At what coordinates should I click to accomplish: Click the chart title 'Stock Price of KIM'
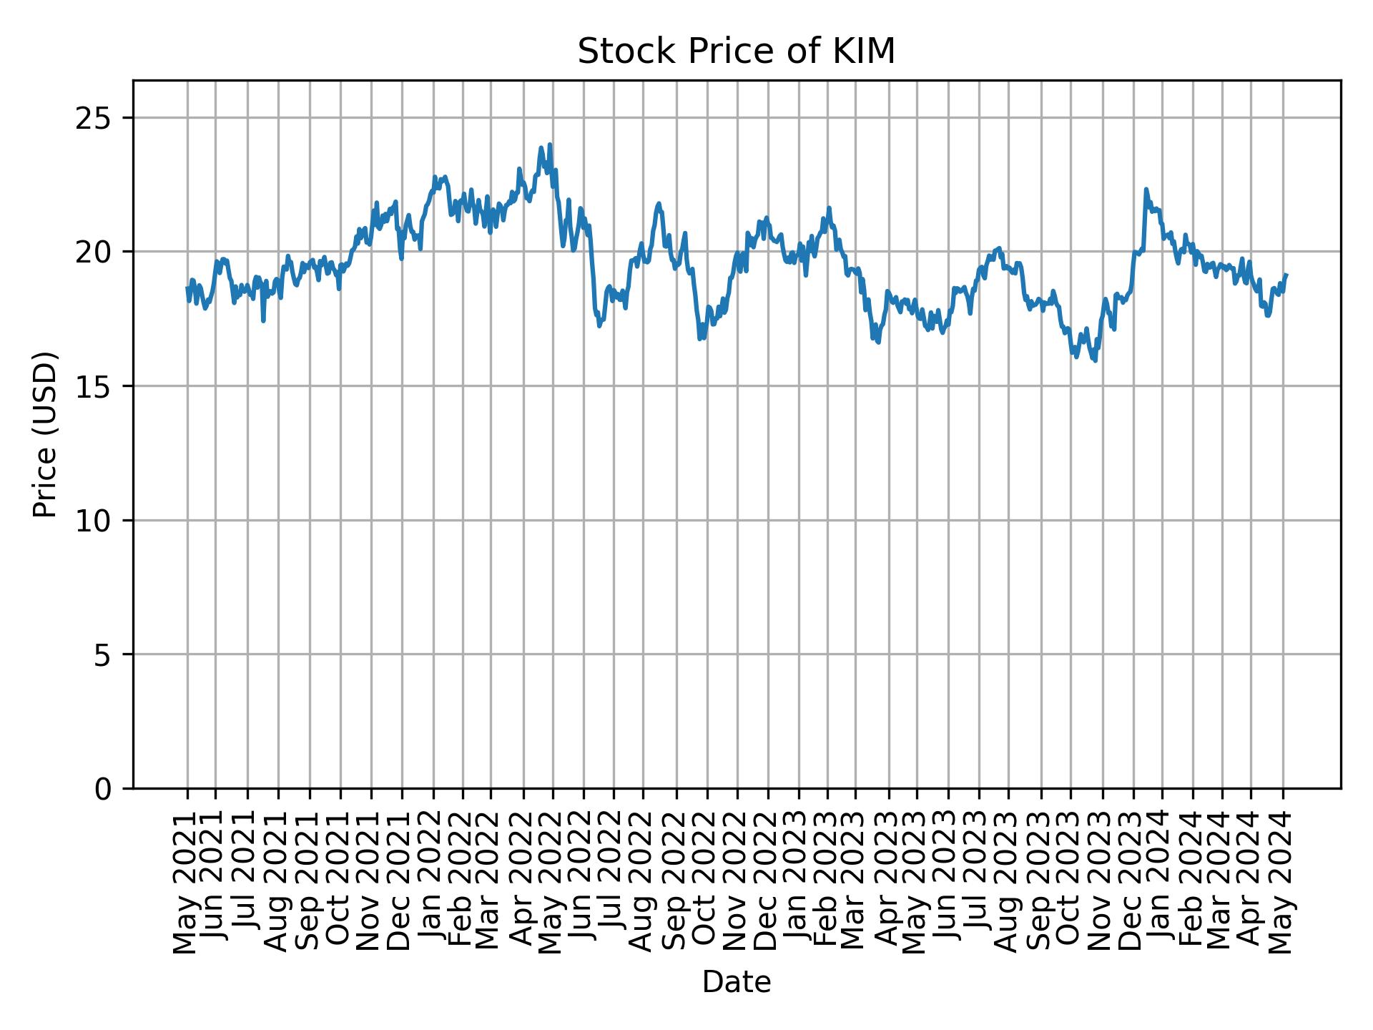(736, 51)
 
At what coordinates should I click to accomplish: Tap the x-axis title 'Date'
(736, 983)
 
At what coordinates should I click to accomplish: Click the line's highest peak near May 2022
(549, 144)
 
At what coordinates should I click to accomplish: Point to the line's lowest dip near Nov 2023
(1095, 360)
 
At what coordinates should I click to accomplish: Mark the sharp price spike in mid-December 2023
(1146, 190)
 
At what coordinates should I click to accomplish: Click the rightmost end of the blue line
(1286, 275)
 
